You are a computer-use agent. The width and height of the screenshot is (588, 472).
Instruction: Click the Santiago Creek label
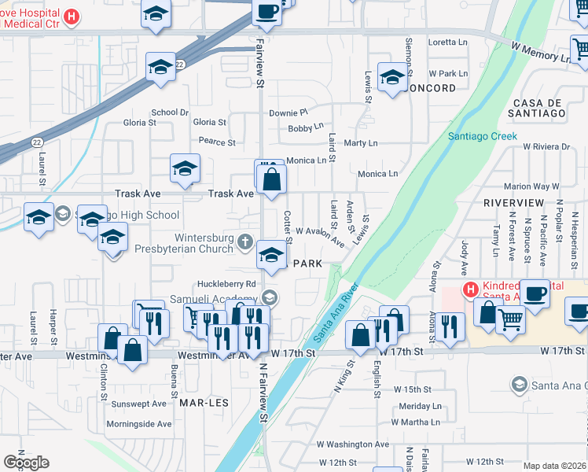(x=482, y=136)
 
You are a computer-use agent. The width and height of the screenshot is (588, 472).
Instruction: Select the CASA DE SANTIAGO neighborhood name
(x=538, y=109)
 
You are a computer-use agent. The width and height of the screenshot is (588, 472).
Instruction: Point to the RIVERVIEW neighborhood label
(x=513, y=203)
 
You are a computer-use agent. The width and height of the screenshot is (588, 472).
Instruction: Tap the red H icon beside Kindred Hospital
(x=470, y=289)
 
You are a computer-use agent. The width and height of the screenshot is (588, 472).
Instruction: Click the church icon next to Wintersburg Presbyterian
(x=245, y=243)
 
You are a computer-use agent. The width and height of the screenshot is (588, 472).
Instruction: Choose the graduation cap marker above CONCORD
(x=392, y=77)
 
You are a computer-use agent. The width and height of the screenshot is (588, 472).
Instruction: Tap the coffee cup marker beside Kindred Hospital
(x=535, y=293)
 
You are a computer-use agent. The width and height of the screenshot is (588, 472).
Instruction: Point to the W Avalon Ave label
(x=321, y=237)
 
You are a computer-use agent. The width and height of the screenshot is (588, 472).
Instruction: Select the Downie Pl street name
(x=288, y=113)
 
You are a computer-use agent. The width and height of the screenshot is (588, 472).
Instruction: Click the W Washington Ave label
(x=353, y=444)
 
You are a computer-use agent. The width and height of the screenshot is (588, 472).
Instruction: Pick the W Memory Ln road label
(x=542, y=51)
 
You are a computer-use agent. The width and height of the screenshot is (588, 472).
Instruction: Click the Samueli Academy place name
(x=215, y=299)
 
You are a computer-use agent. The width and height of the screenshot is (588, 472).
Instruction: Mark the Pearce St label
(x=217, y=142)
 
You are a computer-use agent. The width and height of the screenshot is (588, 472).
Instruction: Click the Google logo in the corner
(x=26, y=463)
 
